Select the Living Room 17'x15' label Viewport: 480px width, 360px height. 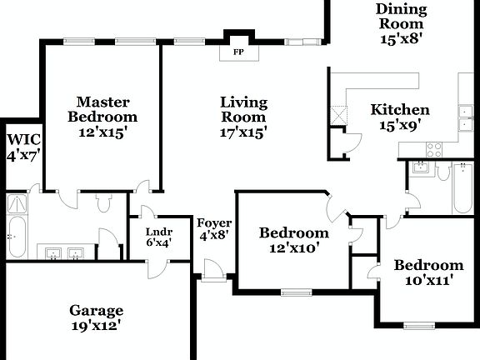pos(243,117)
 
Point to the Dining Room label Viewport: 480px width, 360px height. pos(401,23)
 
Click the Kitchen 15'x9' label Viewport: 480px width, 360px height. pos(400,117)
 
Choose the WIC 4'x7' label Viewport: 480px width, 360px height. pos(22,146)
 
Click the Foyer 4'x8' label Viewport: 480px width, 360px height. pos(213,229)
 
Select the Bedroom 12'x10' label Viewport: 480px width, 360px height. pos(293,240)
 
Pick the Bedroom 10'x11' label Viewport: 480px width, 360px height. pos(428,272)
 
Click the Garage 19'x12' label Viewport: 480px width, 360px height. pos(97,318)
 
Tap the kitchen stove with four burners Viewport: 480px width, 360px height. pos(434,149)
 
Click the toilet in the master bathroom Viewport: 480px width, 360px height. pos(104,202)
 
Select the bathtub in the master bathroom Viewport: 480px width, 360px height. pos(17,237)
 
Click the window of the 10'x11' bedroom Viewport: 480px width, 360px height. pos(420,324)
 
